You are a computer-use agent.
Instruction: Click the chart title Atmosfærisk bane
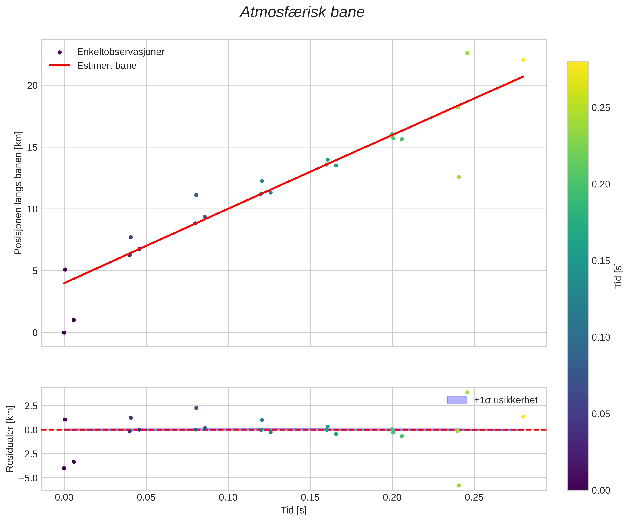(302, 13)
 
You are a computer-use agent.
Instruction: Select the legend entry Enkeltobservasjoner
(121, 52)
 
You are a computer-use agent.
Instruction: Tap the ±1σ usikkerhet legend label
(506, 400)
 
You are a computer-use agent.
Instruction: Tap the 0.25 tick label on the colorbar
(601, 108)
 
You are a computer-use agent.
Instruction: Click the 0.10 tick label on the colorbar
(601, 337)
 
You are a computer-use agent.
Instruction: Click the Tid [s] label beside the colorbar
(619, 275)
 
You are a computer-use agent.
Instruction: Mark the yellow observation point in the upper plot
(523, 60)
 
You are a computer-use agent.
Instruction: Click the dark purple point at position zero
(64, 333)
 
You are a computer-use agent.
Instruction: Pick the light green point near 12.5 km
(459, 177)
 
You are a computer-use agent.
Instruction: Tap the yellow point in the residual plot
(523, 417)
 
